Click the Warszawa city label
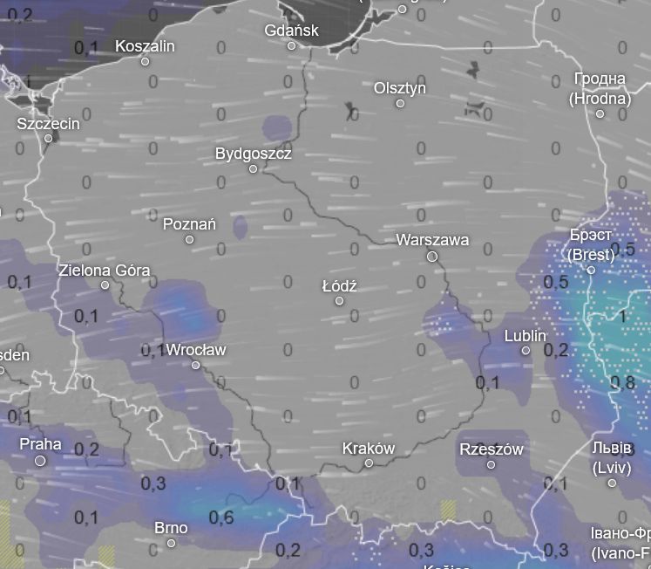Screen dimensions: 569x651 pos(432,239)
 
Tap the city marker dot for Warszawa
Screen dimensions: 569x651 pos(432,257)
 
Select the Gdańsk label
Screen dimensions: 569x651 pos(291,31)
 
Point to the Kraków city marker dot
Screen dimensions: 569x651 pos(369,463)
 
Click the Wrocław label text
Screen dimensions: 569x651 pos(195,349)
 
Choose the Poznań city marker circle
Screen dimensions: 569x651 pos(189,239)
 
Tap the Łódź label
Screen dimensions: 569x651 pos(339,286)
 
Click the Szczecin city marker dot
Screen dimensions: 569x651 pos(49,138)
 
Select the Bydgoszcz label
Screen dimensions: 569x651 pos(253,154)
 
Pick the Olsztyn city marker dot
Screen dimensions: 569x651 pos(400,104)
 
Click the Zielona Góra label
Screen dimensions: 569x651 pos(104,270)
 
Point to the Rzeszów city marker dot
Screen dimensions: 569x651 pos(491,464)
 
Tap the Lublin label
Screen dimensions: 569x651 pos(526,336)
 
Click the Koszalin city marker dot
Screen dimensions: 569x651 pos(145,61)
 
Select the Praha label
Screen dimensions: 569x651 pos(40,443)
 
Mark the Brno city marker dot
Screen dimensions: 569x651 pos(171,543)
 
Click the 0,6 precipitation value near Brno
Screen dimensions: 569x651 pos(221,518)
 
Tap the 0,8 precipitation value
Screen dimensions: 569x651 pos(622,381)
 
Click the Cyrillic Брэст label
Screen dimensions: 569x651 pos(591,236)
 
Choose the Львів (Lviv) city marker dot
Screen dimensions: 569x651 pos(612,483)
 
